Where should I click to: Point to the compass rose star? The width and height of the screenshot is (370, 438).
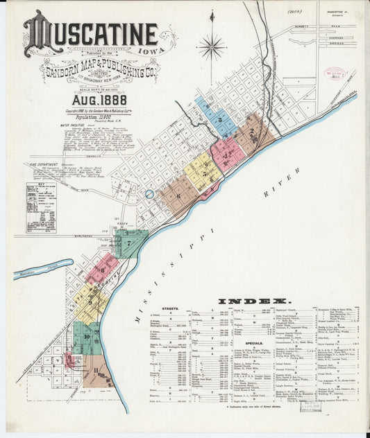[x=211, y=47]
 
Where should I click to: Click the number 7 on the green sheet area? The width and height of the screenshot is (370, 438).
[x=129, y=243]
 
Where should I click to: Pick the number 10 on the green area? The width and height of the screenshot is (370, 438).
[x=87, y=338]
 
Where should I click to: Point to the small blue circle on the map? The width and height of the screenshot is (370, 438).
[x=149, y=194]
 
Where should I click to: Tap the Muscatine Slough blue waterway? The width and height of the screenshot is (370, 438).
[x=42, y=269]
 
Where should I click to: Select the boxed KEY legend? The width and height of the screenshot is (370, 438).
[x=42, y=207]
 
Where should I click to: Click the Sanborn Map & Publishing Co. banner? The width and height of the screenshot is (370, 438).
[x=101, y=71]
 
